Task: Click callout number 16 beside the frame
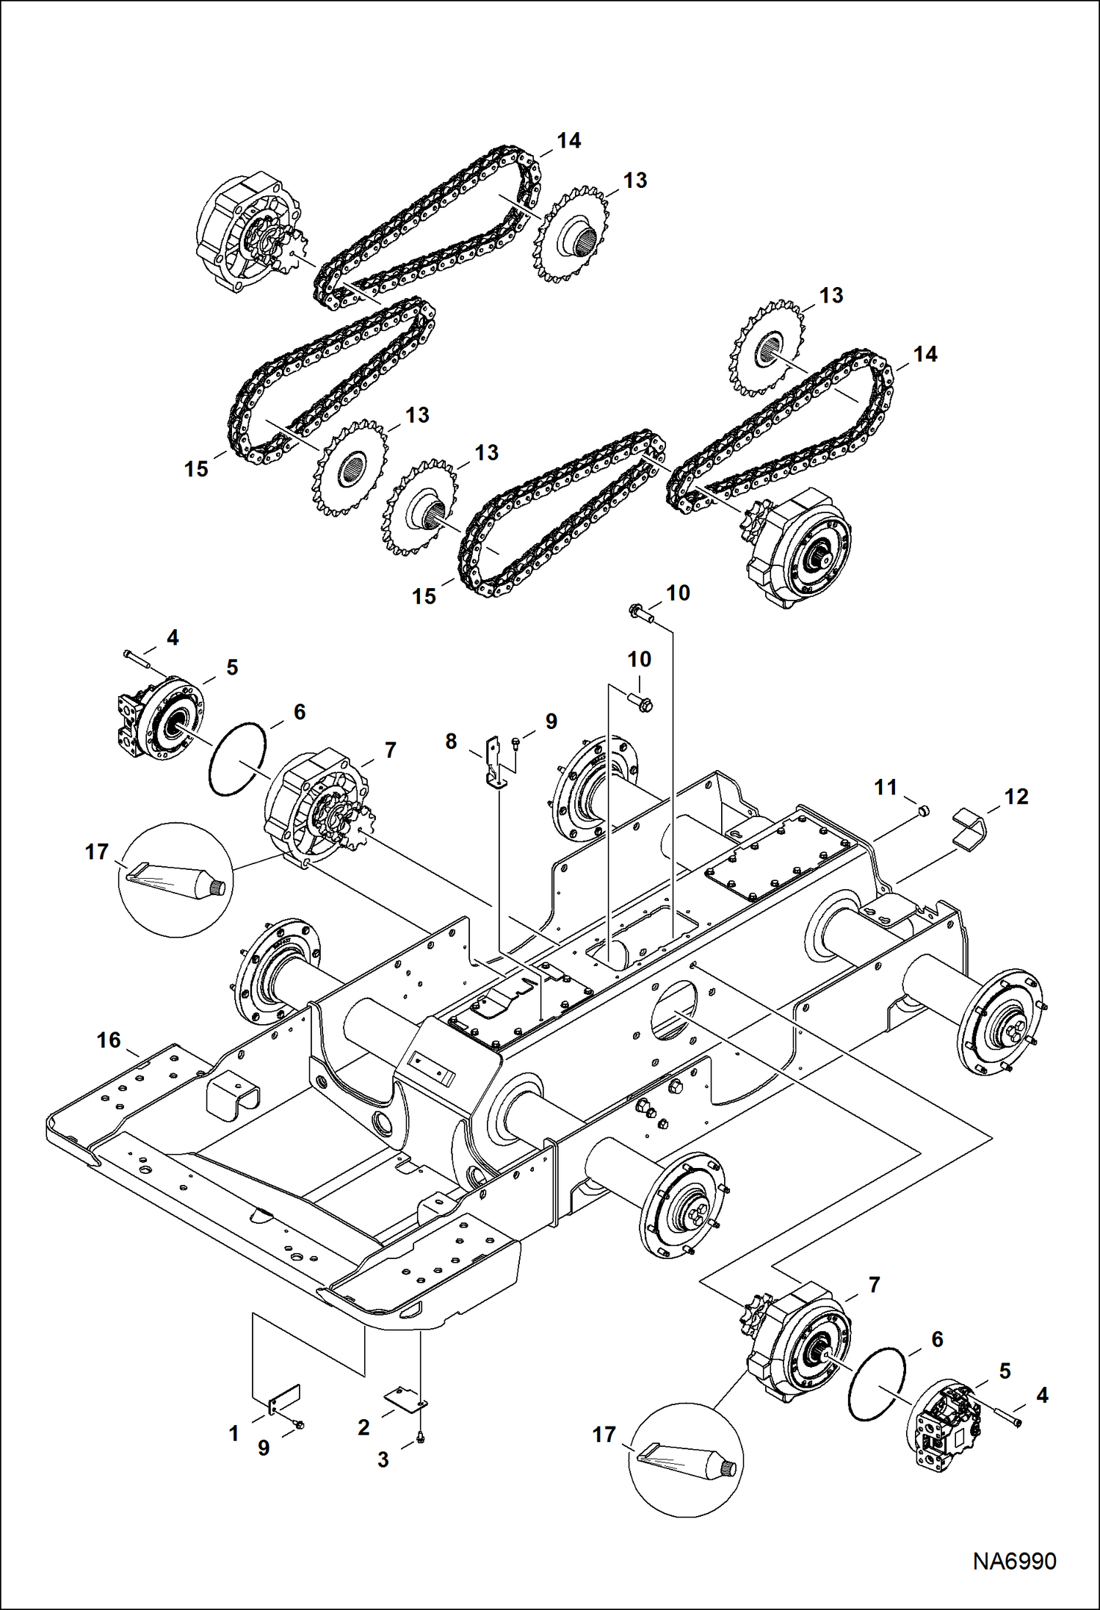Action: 109,1040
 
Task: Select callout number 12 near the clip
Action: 1016,797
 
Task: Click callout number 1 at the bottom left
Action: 234,1432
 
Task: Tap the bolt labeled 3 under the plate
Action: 420,1438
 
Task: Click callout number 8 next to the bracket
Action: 451,741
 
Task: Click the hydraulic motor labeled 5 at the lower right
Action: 947,1425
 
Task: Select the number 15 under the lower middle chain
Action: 424,596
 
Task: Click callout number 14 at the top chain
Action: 568,141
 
